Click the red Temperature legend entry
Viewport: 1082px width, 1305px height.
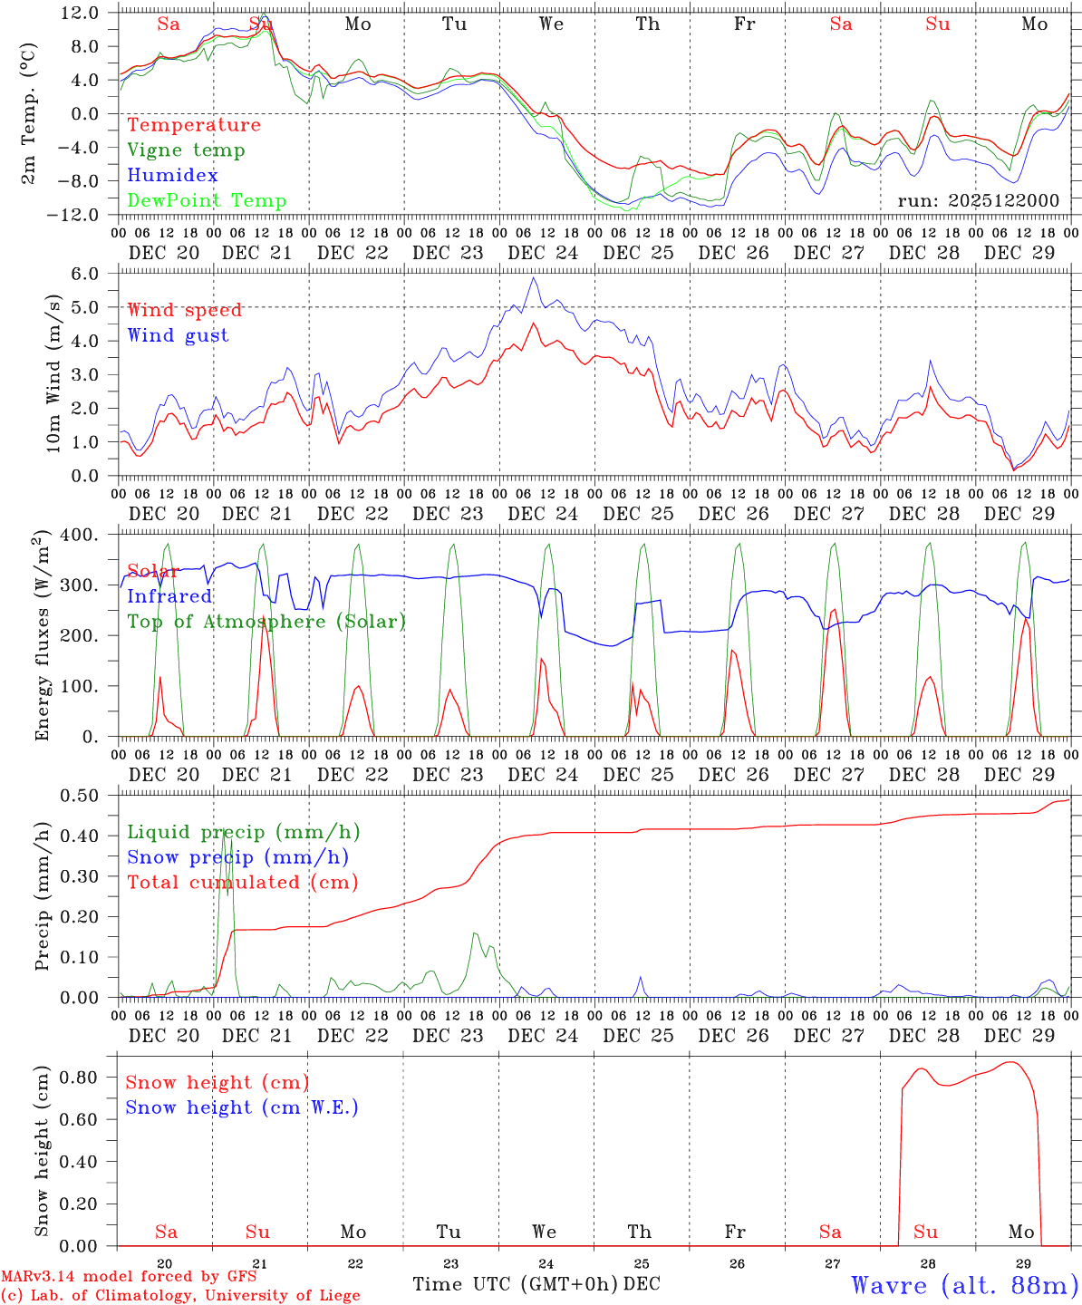pyautogui.click(x=193, y=125)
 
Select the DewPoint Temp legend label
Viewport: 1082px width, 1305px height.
pyautogui.click(x=207, y=201)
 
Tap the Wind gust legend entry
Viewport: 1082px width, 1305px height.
pyautogui.click(x=178, y=335)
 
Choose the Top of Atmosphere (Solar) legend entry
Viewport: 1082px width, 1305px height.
pyautogui.click(x=266, y=622)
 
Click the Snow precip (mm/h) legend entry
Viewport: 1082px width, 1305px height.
pyautogui.click(x=237, y=857)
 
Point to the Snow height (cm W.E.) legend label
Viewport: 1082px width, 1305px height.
pyautogui.click(x=241, y=1107)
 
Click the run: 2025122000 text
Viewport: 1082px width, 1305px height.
pyautogui.click(x=978, y=201)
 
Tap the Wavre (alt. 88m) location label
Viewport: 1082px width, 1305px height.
pyautogui.click(x=964, y=1284)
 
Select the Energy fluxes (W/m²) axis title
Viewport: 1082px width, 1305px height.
pyautogui.click(x=42, y=637)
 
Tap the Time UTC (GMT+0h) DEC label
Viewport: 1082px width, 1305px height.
pyautogui.click(x=536, y=1284)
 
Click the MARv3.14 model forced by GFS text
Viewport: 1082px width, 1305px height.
pyautogui.click(x=129, y=1276)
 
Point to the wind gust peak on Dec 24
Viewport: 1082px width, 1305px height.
pyautogui.click(x=534, y=278)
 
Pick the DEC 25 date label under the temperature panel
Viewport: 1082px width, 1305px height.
pyautogui.click(x=638, y=253)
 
